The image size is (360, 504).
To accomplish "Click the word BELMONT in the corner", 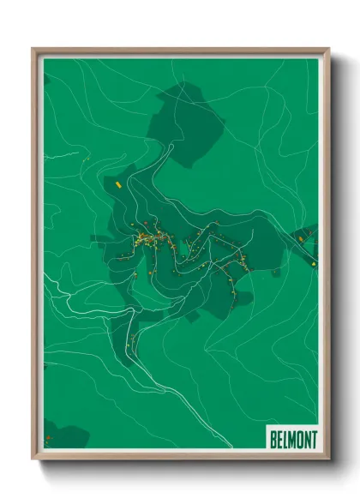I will tap(292, 439).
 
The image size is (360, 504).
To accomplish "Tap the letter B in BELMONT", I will tap(273, 439).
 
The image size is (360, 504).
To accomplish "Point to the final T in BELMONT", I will tap(312, 439).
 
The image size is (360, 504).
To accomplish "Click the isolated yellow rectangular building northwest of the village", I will tap(110, 183).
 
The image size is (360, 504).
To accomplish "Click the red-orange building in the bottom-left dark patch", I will tap(49, 439).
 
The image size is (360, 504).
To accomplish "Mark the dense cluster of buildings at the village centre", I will tap(147, 237).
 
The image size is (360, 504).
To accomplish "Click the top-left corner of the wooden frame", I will tap(34, 50).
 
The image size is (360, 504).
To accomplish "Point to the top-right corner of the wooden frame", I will tap(328, 50).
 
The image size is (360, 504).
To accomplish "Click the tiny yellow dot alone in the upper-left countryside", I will tap(87, 159).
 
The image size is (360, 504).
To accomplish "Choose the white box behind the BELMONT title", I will tap(292, 439).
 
